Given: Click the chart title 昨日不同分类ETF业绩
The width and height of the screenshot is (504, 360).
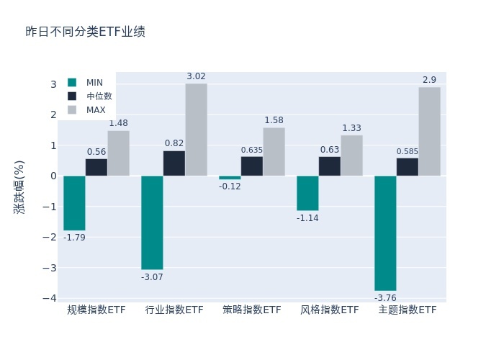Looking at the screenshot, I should click(x=85, y=32).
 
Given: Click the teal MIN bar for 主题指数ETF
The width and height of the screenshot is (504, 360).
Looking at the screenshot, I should click(x=385, y=233).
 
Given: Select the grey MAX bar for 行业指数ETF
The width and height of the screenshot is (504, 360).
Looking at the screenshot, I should click(x=196, y=130).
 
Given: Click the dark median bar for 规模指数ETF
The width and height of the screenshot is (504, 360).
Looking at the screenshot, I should click(x=96, y=167).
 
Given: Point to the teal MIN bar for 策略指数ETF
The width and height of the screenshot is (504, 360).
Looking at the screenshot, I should click(x=230, y=178).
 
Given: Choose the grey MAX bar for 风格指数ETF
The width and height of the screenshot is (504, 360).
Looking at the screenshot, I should click(x=351, y=156).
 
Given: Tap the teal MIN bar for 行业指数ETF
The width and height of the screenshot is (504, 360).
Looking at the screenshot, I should click(x=152, y=222).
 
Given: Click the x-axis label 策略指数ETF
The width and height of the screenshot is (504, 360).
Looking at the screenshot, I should click(x=252, y=310).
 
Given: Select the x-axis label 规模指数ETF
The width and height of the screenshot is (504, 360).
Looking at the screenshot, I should click(x=96, y=310).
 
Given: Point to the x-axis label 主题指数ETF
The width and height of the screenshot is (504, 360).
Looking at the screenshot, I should click(x=408, y=310).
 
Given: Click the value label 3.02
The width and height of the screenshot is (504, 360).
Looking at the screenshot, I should click(x=196, y=76).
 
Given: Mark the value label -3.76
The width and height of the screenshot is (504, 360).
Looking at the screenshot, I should click(x=385, y=297).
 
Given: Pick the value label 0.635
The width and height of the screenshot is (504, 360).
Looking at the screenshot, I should click(x=252, y=150).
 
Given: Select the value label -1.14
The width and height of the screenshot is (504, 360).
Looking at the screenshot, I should click(x=307, y=218).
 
